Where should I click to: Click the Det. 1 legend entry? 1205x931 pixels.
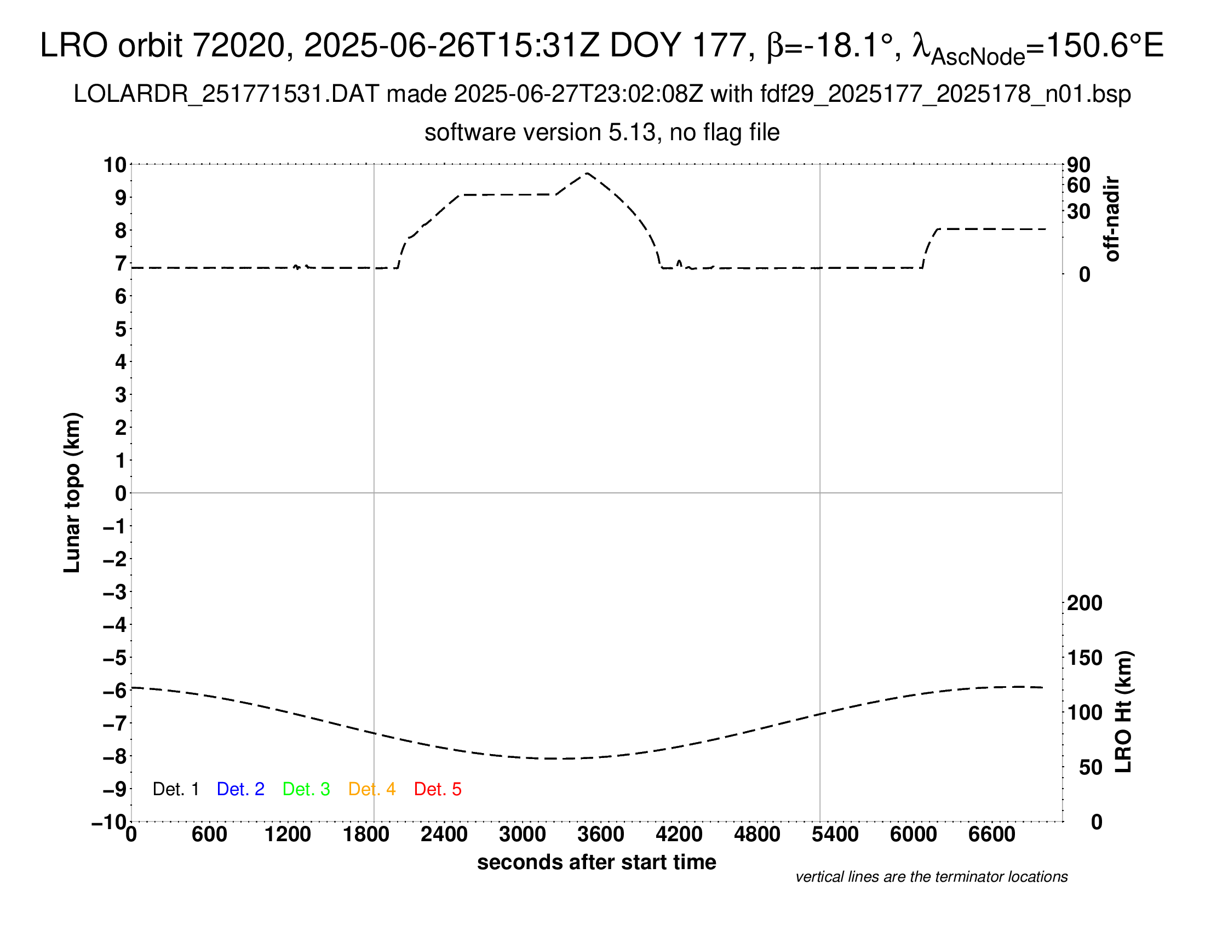point(175,789)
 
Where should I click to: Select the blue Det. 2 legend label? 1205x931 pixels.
point(240,789)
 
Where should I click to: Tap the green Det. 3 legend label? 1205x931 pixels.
point(306,789)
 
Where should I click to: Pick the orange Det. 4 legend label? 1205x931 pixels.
point(372,789)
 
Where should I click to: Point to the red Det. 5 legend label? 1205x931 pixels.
point(438,789)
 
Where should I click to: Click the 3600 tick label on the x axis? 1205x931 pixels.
point(601,835)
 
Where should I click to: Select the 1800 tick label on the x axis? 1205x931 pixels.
point(366,835)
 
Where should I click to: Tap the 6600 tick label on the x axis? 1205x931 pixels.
point(991,835)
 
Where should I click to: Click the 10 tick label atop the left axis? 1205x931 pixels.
point(115,164)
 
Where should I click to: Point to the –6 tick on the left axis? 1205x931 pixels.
point(115,691)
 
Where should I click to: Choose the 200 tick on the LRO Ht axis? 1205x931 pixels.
point(1084,603)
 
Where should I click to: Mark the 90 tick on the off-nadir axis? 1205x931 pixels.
point(1078,165)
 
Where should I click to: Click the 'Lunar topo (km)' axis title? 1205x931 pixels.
point(72,492)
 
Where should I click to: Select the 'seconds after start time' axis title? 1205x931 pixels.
point(596,862)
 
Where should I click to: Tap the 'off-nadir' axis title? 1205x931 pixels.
point(1112,219)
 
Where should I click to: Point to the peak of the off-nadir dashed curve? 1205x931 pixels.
point(587,173)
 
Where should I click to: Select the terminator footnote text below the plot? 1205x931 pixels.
point(931,877)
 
